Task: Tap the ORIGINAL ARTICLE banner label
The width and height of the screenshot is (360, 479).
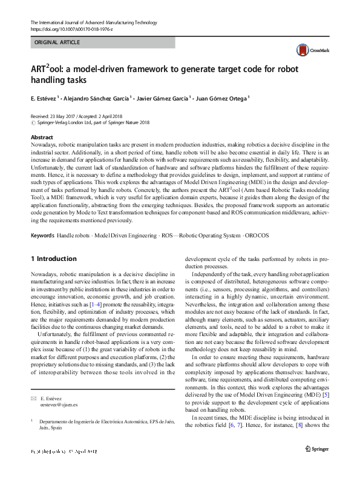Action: tap(57, 43)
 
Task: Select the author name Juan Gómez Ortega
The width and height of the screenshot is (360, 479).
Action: tap(221, 97)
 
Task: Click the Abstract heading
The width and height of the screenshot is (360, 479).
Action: tap(41, 137)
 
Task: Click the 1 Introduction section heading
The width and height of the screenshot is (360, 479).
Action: tap(53, 259)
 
